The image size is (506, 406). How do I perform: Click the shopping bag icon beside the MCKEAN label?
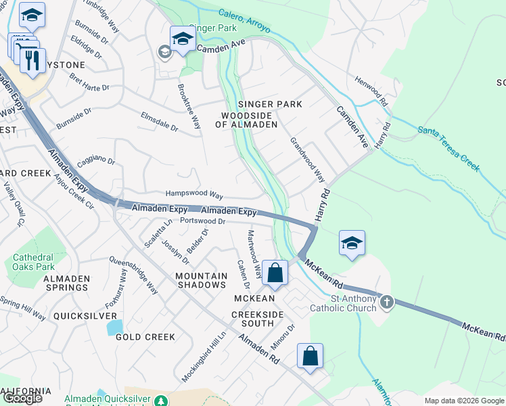(x=275, y=273)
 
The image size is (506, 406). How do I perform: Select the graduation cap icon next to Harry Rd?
(x=352, y=244)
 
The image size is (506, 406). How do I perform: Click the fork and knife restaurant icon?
(x=32, y=61)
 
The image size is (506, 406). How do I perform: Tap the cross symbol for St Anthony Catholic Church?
(x=387, y=302)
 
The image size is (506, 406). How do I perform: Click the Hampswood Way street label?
(x=194, y=194)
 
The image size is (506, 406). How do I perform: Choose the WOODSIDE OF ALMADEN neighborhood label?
(x=246, y=120)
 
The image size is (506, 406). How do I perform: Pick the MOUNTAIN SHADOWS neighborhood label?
(x=201, y=280)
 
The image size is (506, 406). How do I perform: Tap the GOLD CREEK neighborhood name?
(x=145, y=336)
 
